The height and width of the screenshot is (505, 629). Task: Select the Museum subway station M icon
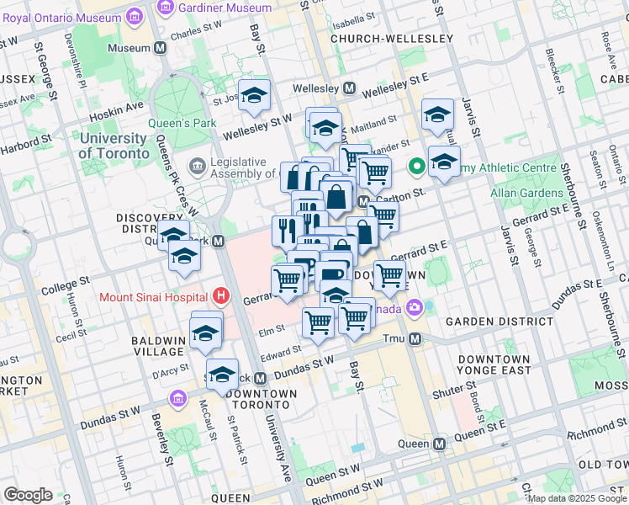pyautogui.click(x=160, y=48)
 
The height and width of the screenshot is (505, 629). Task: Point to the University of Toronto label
pyautogui.click(x=112, y=146)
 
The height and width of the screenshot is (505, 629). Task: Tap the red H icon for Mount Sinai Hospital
pyautogui.click(x=221, y=296)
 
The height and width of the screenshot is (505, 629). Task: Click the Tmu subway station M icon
pyautogui.click(x=415, y=338)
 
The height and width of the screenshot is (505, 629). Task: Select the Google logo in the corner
pyautogui.click(x=28, y=495)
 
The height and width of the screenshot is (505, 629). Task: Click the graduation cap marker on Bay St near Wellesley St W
pyautogui.click(x=253, y=96)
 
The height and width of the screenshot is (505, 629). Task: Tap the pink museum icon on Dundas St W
pyautogui.click(x=177, y=398)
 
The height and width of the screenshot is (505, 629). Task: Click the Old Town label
pyautogui.click(x=604, y=465)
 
